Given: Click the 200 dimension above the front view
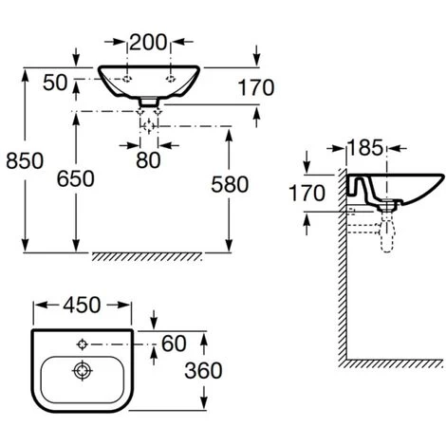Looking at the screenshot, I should click(x=148, y=43).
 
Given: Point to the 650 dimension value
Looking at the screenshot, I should click(x=77, y=177).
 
